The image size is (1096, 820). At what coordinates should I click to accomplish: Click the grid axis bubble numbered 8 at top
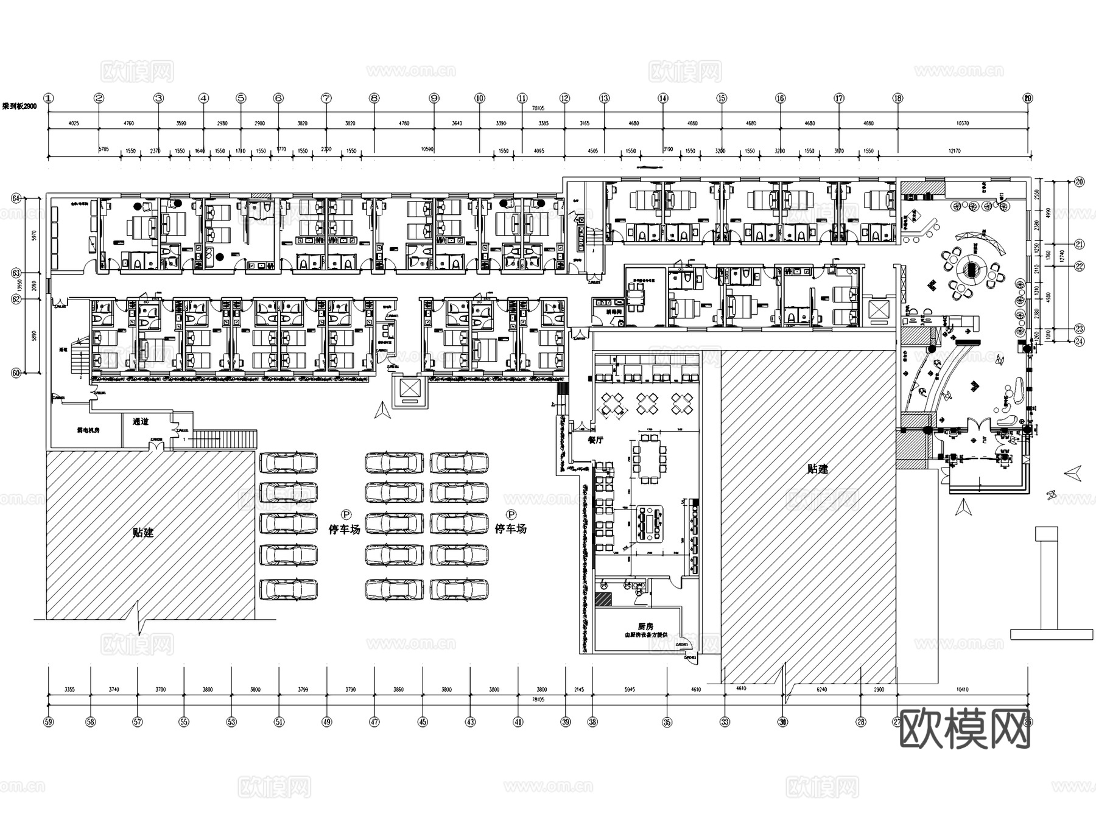[x=374, y=98]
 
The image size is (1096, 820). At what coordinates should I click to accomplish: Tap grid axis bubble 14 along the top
[x=662, y=98]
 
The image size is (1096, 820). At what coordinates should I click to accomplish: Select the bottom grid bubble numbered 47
[x=374, y=722]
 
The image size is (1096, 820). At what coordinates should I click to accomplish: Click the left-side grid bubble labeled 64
[x=16, y=198]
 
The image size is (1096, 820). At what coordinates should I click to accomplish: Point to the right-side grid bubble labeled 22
[x=1080, y=266]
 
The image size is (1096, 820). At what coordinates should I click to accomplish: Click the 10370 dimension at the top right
[x=962, y=124]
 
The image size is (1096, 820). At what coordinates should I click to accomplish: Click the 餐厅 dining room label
[x=595, y=440]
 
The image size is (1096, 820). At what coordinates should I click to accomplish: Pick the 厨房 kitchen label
[x=645, y=626]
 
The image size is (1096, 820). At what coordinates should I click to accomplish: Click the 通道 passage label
[x=141, y=421]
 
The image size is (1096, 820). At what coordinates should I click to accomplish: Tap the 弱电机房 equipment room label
[x=88, y=430]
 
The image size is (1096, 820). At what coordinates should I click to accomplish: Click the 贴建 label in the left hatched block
[x=143, y=533]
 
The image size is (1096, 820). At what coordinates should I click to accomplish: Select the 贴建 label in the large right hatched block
[x=818, y=469]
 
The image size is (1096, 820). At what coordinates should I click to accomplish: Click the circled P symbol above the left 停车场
[x=345, y=515]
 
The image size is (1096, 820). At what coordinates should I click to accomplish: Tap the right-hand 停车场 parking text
[x=510, y=529]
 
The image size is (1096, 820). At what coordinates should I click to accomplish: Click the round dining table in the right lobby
[x=972, y=268]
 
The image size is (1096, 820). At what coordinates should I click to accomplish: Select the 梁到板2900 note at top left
[x=20, y=106]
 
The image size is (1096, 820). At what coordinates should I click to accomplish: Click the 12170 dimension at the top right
[x=954, y=150]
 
